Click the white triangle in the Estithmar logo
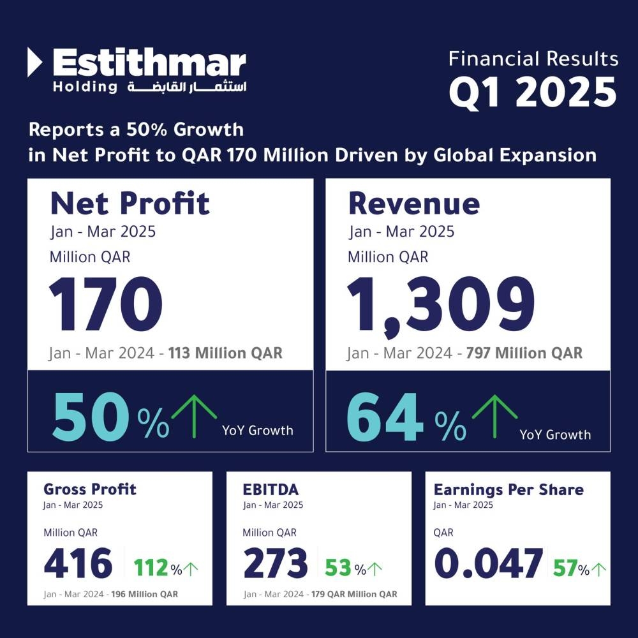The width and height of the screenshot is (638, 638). pos(35,63)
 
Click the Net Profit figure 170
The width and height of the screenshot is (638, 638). pos(106,304)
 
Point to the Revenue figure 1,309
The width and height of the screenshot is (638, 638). pos(441,304)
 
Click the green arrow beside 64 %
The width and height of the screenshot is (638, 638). pos(494,415)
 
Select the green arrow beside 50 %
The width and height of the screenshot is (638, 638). pos(195,415)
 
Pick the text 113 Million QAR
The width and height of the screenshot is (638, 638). pos(225,353)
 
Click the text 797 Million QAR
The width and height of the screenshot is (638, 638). pos(525,353)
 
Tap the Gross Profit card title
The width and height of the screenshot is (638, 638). pos(90,489)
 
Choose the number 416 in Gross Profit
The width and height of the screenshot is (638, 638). pos(78,563)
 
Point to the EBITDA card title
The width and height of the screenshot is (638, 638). pos(271,489)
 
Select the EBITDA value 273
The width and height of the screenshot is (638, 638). pos(276,563)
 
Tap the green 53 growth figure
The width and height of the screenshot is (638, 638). pos(339,567)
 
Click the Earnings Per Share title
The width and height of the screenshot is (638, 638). pos(508,489)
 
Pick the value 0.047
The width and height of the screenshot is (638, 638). pos(489,563)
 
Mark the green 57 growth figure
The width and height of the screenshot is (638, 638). pos(565,567)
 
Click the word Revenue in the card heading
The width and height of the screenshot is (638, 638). pos(414,203)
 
